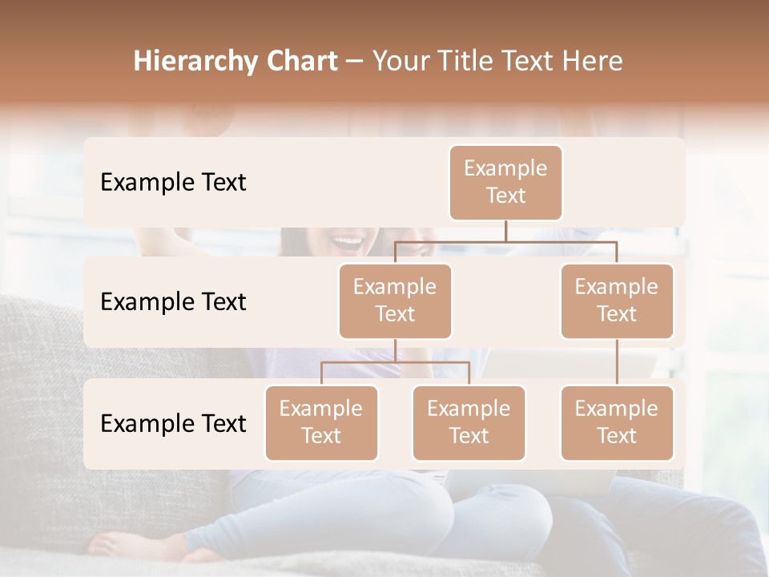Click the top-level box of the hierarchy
pyautogui.click(x=505, y=182)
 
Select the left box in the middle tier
pyautogui.click(x=395, y=301)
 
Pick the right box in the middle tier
pyautogui.click(x=617, y=301)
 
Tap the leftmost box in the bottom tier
pyautogui.click(x=321, y=422)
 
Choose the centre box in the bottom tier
pyautogui.click(x=469, y=422)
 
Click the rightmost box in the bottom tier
pyautogui.click(x=617, y=422)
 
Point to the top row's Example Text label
pyautogui.click(x=173, y=182)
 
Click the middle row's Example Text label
pyautogui.click(x=173, y=301)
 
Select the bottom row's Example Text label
pyautogui.click(x=173, y=423)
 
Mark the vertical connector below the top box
pyautogui.click(x=505, y=231)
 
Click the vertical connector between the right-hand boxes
pyautogui.click(x=617, y=362)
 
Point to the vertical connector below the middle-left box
pyautogui.click(x=395, y=350)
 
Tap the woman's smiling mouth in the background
pyautogui.click(x=347, y=240)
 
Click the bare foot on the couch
pyautogui.click(x=120, y=544)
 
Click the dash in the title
pyautogui.click(x=355, y=62)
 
